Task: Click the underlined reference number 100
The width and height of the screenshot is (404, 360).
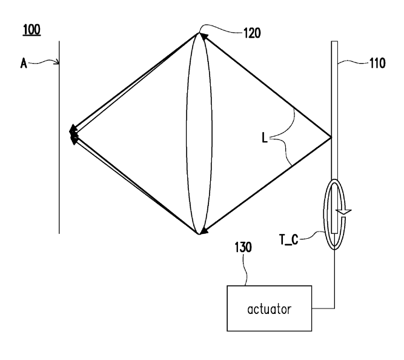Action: (x=31, y=30)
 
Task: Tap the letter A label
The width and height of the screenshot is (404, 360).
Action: (x=24, y=63)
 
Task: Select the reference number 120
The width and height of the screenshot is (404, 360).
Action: (x=252, y=33)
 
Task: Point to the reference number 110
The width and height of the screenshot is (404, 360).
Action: (x=377, y=63)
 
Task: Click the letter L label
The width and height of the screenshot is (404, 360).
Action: (x=265, y=138)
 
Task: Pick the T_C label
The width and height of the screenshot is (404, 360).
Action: (x=289, y=239)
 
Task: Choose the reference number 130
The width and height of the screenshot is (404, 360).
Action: (x=243, y=247)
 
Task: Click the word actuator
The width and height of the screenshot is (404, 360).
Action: (x=270, y=309)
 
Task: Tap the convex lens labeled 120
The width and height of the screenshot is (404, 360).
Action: (x=199, y=133)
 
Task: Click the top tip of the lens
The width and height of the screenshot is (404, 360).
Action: (x=199, y=33)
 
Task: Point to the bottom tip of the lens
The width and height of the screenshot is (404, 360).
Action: (x=199, y=234)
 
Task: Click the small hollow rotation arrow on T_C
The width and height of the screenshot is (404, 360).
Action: (x=345, y=212)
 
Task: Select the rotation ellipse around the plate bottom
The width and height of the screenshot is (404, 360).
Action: (x=324, y=214)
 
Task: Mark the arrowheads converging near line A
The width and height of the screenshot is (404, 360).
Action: (x=73, y=134)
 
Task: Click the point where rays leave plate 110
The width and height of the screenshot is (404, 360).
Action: (x=331, y=138)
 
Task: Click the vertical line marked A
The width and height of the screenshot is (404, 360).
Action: (x=59, y=138)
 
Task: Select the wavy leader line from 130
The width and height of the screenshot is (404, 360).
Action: (x=245, y=270)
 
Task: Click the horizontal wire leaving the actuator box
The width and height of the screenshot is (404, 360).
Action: (x=323, y=308)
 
